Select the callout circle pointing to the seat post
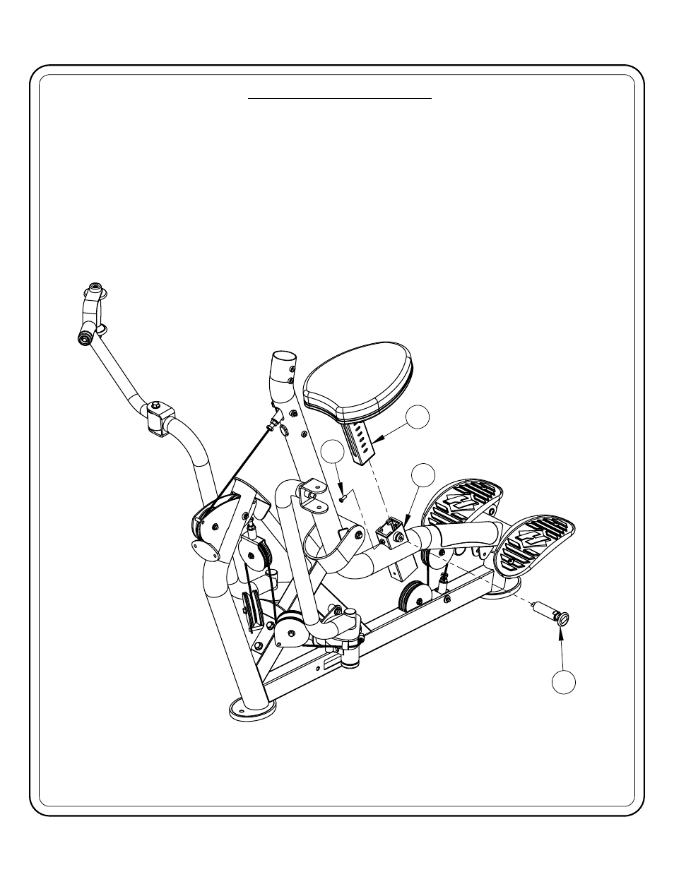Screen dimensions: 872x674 [x=420, y=417]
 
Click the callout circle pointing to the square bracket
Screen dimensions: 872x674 [x=423, y=475]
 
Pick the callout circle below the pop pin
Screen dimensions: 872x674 [x=563, y=682]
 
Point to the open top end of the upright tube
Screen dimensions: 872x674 [x=283, y=359]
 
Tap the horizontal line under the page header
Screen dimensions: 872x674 [x=339, y=100]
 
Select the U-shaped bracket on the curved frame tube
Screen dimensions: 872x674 [x=311, y=492]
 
